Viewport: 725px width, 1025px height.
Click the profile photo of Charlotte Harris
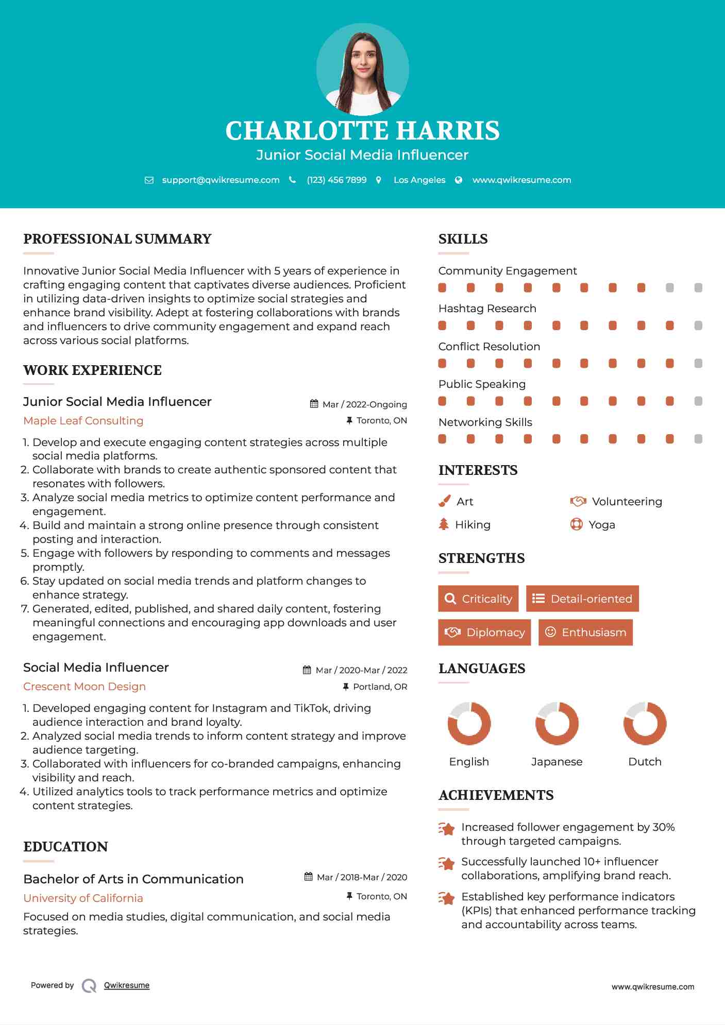point(362,70)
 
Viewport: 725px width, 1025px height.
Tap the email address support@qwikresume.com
point(221,180)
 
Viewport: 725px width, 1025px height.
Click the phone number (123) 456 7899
point(336,180)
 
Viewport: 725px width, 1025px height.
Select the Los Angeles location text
point(419,180)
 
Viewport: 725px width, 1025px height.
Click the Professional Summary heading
point(117,239)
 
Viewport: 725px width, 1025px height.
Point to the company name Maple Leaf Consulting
point(83,421)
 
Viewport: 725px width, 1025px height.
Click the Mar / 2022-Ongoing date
point(364,404)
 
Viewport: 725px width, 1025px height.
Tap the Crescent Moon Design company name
point(85,687)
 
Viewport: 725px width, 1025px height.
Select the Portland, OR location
point(380,687)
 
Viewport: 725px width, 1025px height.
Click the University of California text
point(83,898)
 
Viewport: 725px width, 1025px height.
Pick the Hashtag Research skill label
point(487,309)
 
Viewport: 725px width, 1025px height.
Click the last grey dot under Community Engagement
point(698,287)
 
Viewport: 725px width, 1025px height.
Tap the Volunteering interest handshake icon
point(578,501)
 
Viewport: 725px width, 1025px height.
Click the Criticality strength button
point(478,599)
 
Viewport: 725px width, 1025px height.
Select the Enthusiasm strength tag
point(585,632)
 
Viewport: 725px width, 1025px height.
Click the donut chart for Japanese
point(557,723)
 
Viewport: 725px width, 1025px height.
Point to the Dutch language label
point(645,761)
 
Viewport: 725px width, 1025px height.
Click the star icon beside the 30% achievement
point(446,828)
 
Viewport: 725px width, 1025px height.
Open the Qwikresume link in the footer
point(127,985)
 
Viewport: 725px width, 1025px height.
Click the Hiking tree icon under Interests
point(444,524)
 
